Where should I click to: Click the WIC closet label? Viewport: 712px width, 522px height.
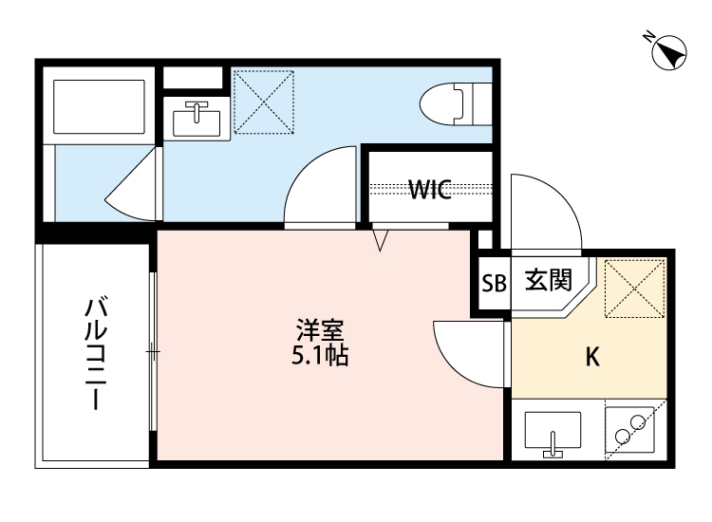click(429, 188)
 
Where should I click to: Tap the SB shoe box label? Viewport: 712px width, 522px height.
click(494, 283)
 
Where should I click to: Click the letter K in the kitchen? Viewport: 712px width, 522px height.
click(591, 357)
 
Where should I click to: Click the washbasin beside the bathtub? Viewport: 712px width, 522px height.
click(197, 118)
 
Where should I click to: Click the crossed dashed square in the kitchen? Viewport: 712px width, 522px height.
click(634, 286)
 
